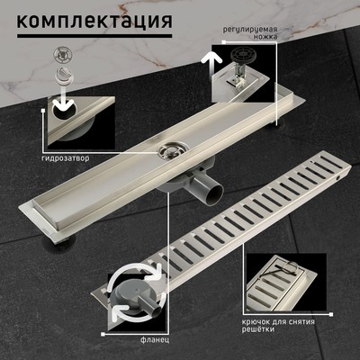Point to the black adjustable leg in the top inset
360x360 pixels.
pos(237,73)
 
